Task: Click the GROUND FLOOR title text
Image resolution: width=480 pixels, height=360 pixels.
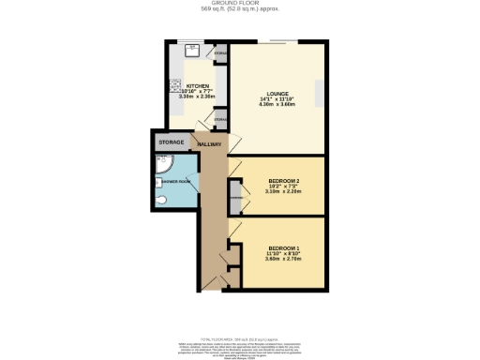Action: [240, 4]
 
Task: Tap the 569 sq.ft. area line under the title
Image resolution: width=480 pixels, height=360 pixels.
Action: [240, 9]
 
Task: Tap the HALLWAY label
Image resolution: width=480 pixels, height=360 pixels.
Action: [209, 144]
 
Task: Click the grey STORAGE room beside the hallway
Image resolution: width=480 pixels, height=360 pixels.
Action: [171, 142]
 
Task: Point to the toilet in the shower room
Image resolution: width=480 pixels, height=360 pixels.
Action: [161, 200]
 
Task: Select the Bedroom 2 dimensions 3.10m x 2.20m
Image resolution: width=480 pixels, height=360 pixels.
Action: [283, 190]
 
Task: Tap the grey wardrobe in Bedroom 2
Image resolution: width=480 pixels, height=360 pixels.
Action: [235, 197]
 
